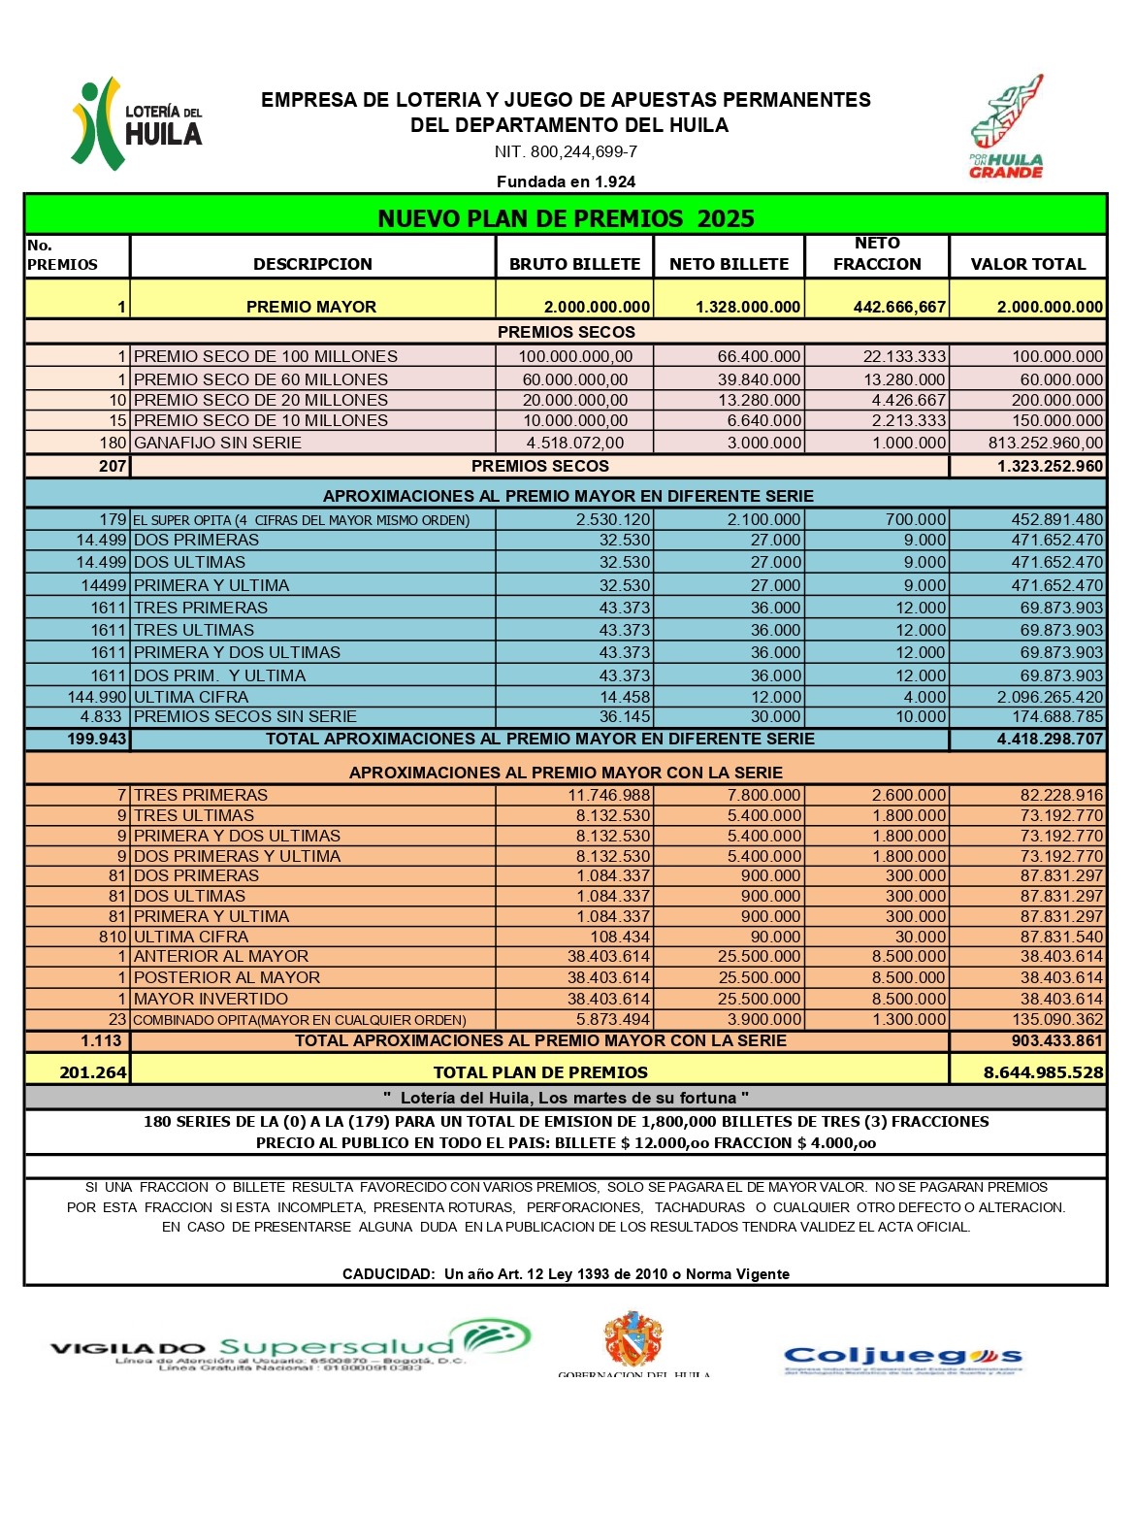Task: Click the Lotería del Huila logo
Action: (136, 124)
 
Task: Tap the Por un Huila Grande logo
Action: (1007, 127)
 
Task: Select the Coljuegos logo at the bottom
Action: (902, 1358)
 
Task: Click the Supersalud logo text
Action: (337, 1346)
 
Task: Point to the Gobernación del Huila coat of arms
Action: (633, 1339)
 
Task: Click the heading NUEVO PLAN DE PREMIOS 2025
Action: (566, 218)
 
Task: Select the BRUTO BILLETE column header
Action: (574, 264)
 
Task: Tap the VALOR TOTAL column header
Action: (1027, 264)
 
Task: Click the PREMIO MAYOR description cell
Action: (311, 307)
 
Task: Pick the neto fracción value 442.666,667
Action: (899, 307)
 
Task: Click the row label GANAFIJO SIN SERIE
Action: (217, 443)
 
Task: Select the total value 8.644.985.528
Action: (1043, 1072)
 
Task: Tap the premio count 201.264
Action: (93, 1072)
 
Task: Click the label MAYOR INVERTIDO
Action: (211, 999)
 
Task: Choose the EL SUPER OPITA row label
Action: (301, 520)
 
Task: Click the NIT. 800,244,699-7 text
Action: (566, 152)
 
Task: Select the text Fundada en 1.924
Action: (566, 181)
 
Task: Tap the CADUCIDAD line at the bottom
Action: (566, 1274)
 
